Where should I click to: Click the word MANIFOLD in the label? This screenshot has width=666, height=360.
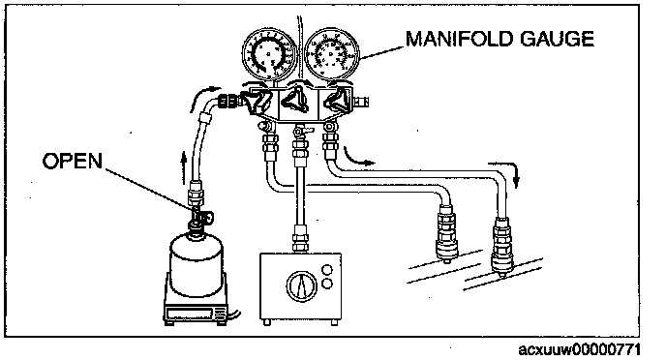click(459, 39)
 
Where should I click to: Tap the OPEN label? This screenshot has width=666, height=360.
click(73, 161)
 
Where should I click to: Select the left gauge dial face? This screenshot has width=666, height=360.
click(269, 53)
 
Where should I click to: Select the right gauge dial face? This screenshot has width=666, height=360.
click(332, 53)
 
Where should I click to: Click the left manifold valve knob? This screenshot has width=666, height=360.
click(257, 101)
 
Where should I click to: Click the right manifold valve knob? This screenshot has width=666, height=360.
click(337, 101)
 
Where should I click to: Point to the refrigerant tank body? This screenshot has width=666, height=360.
click(196, 263)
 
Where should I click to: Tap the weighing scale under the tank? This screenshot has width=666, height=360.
click(196, 312)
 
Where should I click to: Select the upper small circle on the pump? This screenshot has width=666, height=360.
click(327, 270)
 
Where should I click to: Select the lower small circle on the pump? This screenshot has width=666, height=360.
click(327, 284)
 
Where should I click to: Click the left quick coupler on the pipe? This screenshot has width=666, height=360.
click(446, 232)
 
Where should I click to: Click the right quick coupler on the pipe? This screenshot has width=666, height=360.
click(501, 246)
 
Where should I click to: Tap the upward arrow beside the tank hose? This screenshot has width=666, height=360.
click(184, 167)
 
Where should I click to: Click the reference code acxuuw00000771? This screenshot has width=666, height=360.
click(579, 349)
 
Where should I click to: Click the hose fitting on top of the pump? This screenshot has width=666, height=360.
click(300, 239)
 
